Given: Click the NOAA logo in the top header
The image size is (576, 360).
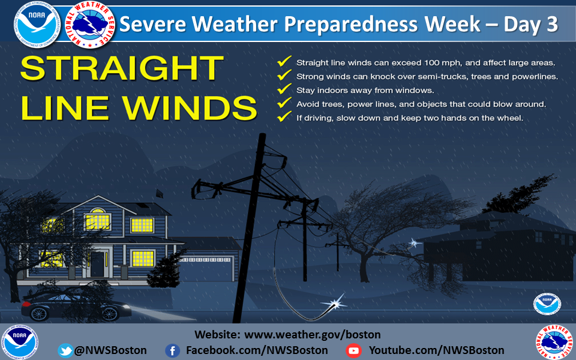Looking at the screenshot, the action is coord(37,25).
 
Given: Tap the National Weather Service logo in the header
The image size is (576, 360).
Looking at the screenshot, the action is coord(90,25).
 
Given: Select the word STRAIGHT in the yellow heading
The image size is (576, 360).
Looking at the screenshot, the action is coord(122,68).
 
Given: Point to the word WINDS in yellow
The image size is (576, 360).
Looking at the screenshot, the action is coord(190,108).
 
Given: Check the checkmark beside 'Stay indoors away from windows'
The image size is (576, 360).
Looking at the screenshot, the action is coord(284,89).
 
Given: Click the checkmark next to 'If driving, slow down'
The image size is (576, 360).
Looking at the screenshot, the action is coord(284,116).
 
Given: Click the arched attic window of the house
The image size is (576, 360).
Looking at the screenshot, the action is coord(98,219).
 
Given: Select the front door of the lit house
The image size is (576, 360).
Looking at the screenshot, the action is coord(97,264).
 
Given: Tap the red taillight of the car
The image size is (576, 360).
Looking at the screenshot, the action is coord(26,304).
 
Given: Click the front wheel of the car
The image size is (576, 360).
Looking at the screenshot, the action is coord(109,313).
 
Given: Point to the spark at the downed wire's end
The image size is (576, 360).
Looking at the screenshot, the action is coord(334,304).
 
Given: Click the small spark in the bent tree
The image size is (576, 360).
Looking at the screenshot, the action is coord(415,243).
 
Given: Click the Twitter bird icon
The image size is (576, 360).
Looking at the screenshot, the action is coord(65,350).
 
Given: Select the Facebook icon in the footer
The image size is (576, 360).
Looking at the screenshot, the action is coord(172,351).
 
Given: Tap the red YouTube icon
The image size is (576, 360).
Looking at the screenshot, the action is coord(353,351).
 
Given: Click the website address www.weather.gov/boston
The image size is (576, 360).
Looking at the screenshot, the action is coord(312,335).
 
